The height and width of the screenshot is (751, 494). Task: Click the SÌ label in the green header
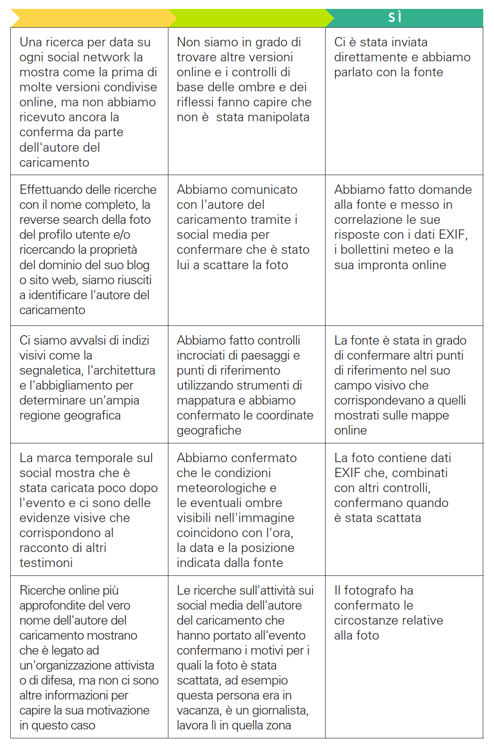pyautogui.click(x=395, y=17)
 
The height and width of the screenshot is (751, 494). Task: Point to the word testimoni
pyautogui.click(x=46, y=563)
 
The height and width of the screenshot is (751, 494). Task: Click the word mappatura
pyautogui.click(x=204, y=400)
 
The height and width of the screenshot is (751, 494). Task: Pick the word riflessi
pyautogui.click(x=197, y=102)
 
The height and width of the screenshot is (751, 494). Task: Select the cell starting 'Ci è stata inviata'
pyautogui.click(x=404, y=101)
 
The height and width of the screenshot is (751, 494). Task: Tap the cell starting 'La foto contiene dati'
pyautogui.click(x=404, y=509)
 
